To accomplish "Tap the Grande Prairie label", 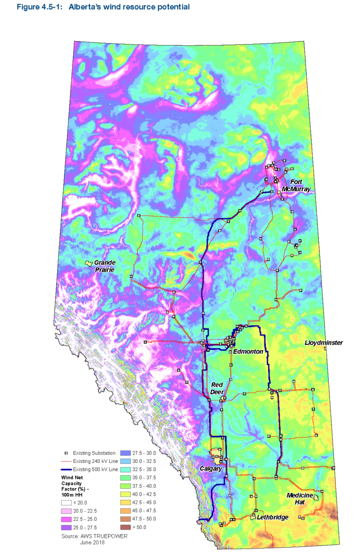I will pos(105,266).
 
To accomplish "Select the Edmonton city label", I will pos(248,351).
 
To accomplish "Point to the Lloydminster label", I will pos(323,343).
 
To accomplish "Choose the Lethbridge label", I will pos(272,517).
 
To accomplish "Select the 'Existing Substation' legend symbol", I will pos(67,453).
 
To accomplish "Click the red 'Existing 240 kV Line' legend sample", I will pos(67,461).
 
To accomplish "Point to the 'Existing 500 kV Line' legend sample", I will pos(67,470).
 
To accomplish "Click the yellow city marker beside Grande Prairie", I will pos(88,263).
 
